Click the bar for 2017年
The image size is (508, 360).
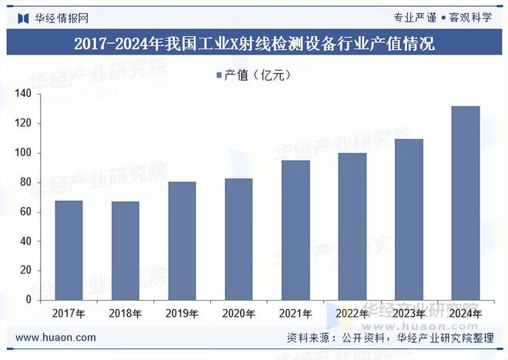coord(69,250)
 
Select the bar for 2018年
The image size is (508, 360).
coord(125,250)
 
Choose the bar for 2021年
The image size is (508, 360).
coord(296,230)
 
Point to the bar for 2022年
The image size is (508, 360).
coord(353,226)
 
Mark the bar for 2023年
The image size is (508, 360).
coord(409,219)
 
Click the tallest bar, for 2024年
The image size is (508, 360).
coord(466,203)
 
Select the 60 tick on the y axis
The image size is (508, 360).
coord(25,212)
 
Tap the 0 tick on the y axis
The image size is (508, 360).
coord(28,300)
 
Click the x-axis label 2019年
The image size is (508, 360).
coord(182,314)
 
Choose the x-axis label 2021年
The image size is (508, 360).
coord(296,314)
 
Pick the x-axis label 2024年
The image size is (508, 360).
coord(466,314)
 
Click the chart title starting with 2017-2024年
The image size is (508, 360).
coord(254,45)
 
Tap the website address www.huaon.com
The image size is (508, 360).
coord(56,338)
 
